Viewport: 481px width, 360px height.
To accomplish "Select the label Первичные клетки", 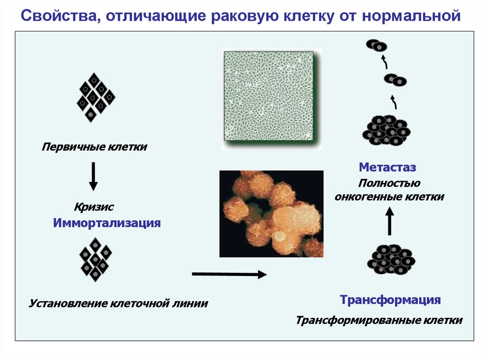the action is click(94, 147).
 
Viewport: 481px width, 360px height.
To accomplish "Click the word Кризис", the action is click(94, 207).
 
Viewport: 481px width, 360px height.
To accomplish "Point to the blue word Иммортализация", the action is click(107, 222).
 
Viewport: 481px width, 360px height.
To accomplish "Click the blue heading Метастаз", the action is click(388, 167).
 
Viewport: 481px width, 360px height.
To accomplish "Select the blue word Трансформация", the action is click(390, 299).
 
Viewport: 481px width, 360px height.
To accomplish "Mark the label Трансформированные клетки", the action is click(379, 321).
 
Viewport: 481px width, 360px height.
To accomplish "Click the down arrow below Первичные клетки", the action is click(93, 176).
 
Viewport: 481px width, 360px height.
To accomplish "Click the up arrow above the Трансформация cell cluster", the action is click(389, 221).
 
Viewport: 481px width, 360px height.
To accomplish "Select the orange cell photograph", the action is click(272, 213).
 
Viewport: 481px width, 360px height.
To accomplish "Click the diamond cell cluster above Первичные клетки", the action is click(95, 97).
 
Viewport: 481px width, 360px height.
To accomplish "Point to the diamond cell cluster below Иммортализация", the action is click(95, 259).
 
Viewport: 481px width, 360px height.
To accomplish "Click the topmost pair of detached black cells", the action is click(377, 45).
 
